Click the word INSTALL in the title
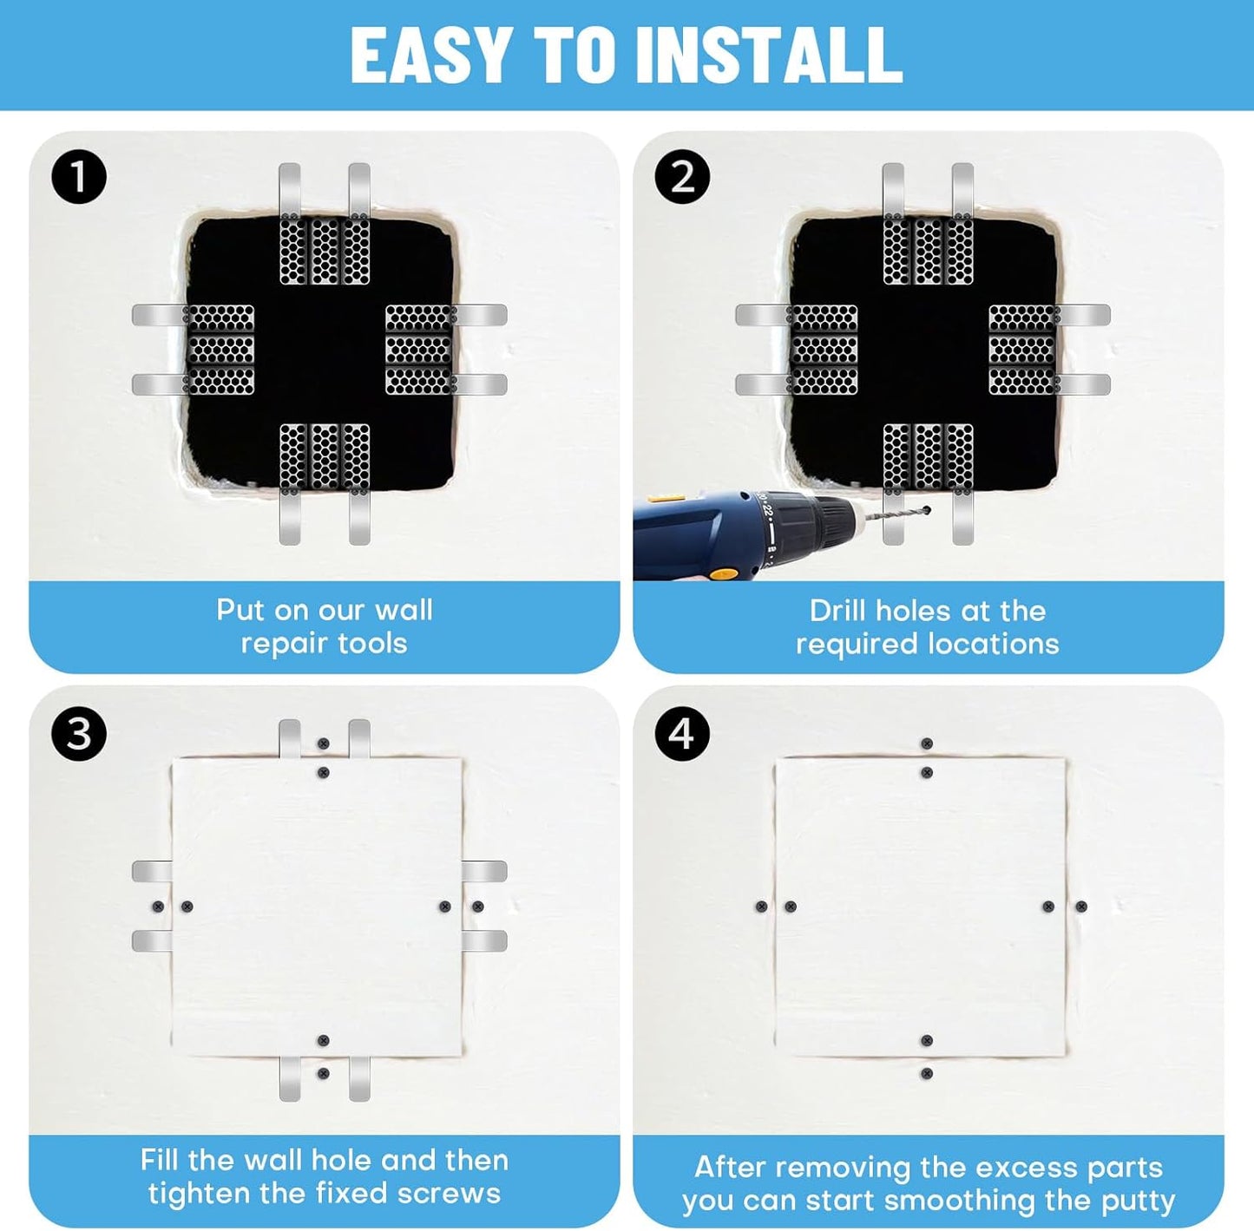[769, 55]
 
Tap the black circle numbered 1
[79, 178]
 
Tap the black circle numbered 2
[682, 178]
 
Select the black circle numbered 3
[79, 734]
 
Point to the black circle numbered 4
[682, 734]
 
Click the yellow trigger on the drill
[719, 573]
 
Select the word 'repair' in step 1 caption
[276, 644]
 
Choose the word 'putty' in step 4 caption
[1138, 1201]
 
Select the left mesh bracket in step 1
[220, 350]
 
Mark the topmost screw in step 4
[927, 744]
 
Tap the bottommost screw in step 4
[927, 1074]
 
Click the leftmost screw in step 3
[158, 907]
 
